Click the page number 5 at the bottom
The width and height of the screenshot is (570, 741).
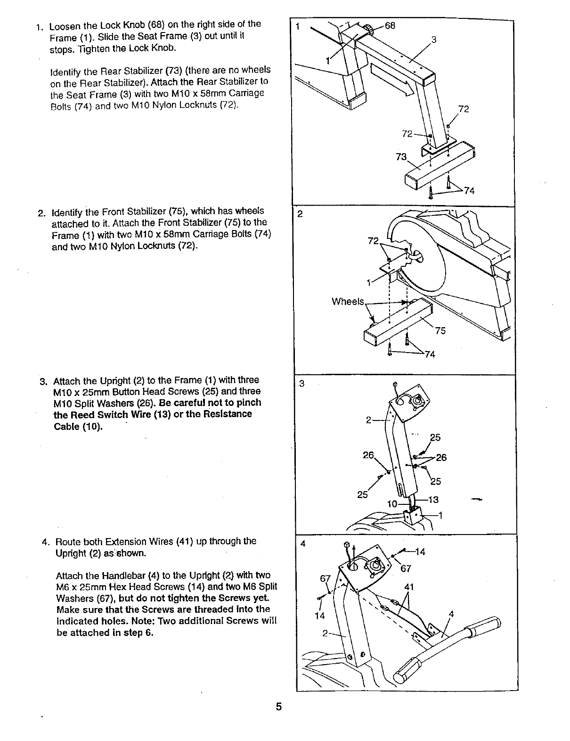(x=279, y=707)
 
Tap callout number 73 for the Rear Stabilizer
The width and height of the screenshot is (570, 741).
(x=401, y=157)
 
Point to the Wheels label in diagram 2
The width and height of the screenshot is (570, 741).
(x=348, y=302)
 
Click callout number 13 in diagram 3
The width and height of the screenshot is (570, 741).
(x=433, y=500)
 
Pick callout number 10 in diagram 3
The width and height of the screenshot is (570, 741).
(x=392, y=504)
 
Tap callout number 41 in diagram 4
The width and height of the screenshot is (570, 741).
(x=409, y=587)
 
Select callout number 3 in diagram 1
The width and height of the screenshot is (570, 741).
(x=434, y=40)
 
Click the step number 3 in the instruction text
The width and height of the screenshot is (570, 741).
(x=43, y=381)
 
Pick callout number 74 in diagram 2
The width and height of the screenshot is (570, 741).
(x=429, y=354)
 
